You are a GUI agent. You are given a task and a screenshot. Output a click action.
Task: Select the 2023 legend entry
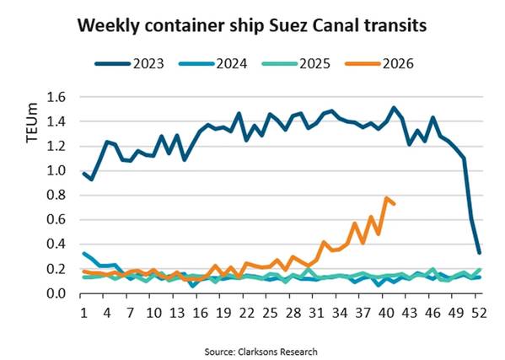pos(130,63)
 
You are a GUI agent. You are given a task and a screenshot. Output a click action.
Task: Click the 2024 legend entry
pos(213,63)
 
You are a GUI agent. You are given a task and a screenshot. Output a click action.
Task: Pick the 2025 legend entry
pos(296,63)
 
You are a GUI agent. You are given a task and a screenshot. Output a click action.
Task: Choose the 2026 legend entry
pos(379,63)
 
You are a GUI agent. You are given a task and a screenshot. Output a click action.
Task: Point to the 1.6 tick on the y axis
pos(56,97)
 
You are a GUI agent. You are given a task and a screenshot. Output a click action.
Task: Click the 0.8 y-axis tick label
pos(56,195)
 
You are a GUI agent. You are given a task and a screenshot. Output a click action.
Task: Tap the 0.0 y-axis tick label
pos(56,293)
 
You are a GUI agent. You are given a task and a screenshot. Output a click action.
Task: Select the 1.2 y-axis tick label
pos(56,146)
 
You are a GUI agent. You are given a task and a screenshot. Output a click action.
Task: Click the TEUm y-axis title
pos(32,122)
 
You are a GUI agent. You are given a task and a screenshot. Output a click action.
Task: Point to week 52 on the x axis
pos(479,313)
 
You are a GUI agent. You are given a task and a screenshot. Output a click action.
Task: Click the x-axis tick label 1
pos(84,313)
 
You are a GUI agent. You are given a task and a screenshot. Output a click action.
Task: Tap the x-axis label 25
pos(270,313)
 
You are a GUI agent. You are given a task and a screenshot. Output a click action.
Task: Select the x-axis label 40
pos(386,313)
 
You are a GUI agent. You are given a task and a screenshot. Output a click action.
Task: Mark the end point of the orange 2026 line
pos(394,203)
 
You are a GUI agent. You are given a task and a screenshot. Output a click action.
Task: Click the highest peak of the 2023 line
pos(393,108)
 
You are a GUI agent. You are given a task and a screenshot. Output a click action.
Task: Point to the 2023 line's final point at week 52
pos(479,253)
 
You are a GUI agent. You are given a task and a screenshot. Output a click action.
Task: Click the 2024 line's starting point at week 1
pos(84,254)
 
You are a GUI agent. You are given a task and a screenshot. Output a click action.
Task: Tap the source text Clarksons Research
pos(277,352)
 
